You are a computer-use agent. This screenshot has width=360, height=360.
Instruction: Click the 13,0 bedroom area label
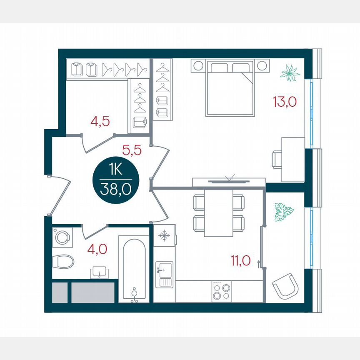(x=285, y=101)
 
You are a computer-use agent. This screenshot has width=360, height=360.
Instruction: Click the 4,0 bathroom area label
(x=97, y=249)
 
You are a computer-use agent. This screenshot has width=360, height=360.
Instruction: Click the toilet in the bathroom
(x=64, y=261)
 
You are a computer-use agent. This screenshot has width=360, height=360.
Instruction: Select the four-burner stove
(x=221, y=291)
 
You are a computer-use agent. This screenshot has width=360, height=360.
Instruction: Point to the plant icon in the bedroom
(x=290, y=73)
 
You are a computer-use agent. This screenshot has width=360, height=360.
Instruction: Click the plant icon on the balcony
(x=284, y=212)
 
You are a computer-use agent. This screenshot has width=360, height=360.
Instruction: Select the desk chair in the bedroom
(x=277, y=159)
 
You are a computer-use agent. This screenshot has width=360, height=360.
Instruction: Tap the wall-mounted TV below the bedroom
(x=228, y=181)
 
